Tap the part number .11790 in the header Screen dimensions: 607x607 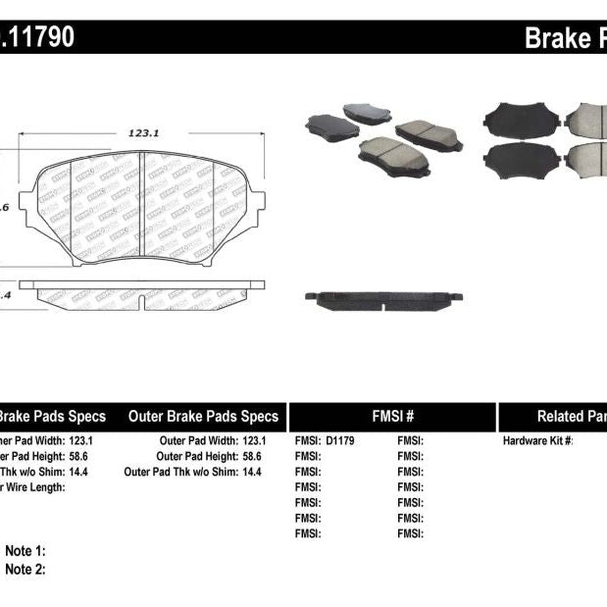(x=38, y=38)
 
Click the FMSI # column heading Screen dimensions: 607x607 (x=392, y=417)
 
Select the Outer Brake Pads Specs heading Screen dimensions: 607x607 (x=203, y=417)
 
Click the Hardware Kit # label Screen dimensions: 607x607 (x=537, y=441)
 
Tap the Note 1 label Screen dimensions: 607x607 (x=25, y=552)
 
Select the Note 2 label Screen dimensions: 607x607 (x=25, y=569)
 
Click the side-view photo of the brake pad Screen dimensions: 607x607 (x=383, y=297)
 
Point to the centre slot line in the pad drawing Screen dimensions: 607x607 (x=143, y=209)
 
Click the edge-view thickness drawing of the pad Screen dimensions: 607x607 (x=143, y=292)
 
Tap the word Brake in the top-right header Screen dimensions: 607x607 (x=555, y=38)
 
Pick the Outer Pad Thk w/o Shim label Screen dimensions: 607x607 (x=180, y=472)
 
